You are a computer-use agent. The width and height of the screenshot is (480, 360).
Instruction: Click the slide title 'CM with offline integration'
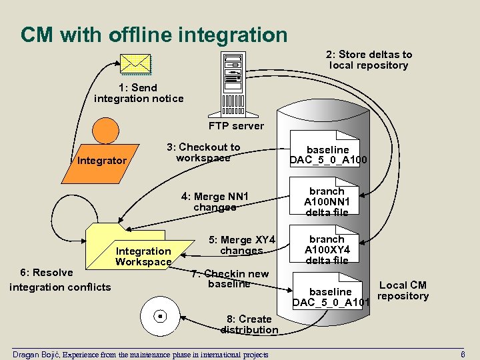(x=154, y=35)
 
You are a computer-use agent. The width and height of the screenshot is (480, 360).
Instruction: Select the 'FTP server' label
(x=236, y=125)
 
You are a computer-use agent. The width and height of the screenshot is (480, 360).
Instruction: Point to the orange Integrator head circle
(x=106, y=131)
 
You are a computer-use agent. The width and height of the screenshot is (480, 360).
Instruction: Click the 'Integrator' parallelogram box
(x=101, y=161)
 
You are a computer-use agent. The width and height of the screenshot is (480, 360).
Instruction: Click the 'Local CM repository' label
(x=403, y=291)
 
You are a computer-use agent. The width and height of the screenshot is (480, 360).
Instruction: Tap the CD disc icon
(x=159, y=315)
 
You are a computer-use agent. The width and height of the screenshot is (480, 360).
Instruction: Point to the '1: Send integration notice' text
(x=139, y=93)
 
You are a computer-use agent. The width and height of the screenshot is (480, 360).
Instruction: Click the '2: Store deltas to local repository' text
(x=369, y=60)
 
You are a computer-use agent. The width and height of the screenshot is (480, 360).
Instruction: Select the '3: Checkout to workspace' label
(x=203, y=153)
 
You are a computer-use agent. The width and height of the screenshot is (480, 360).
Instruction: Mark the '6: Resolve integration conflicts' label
(x=60, y=280)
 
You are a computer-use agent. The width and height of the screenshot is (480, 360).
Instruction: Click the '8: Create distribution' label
(x=249, y=324)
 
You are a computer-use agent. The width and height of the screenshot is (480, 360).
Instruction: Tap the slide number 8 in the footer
(x=463, y=354)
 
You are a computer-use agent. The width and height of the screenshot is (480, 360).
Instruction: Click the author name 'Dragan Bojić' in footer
(x=36, y=354)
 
